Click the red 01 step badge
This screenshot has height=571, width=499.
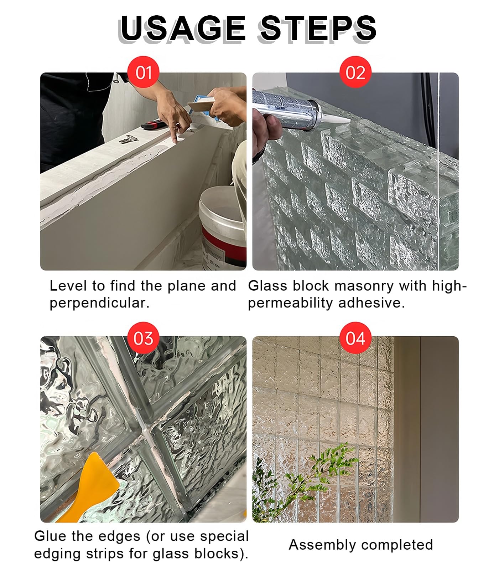point(143,72)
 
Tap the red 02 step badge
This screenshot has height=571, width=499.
point(355,72)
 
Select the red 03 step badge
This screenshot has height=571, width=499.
point(143,338)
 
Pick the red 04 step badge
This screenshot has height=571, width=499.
point(355,338)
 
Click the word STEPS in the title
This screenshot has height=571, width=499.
point(318,28)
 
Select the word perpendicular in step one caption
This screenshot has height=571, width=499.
point(99,304)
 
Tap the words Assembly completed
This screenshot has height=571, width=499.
point(361,545)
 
